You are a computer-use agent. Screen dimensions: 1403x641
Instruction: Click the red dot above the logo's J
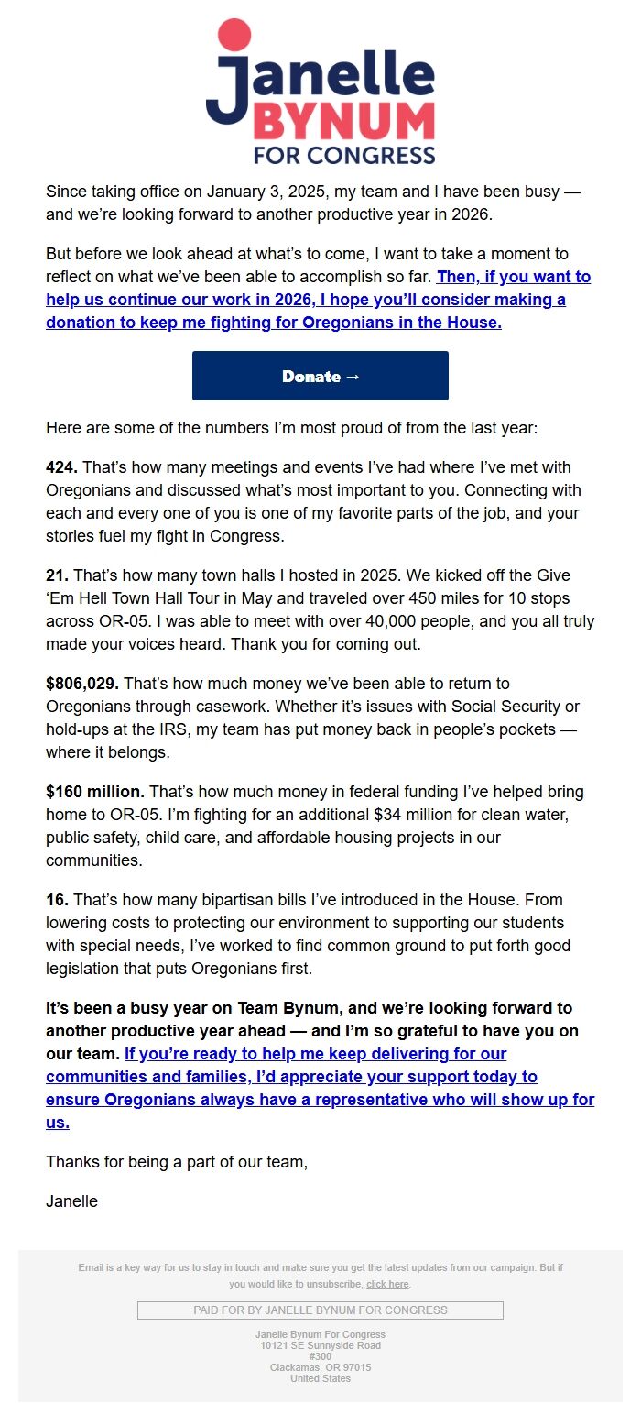coord(234,34)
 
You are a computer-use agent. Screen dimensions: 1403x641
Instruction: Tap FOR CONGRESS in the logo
coord(344,155)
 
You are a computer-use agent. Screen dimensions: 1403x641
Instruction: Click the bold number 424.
coord(61,467)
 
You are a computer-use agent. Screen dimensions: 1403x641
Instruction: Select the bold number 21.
coord(57,575)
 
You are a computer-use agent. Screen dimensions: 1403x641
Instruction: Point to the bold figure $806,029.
coord(82,684)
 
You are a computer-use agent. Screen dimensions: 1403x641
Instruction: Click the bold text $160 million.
coord(95,792)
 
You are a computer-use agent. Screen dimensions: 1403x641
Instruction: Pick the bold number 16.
coord(57,900)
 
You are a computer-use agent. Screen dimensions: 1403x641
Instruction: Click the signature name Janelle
coord(71,1200)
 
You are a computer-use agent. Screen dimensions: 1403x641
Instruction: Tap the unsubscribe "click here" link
coord(387,1284)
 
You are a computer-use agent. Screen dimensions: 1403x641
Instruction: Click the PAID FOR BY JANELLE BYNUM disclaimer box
coord(320,1310)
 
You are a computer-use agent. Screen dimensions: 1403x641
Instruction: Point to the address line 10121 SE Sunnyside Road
coord(320,1345)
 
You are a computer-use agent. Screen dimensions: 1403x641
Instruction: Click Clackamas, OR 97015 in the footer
coord(320,1367)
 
